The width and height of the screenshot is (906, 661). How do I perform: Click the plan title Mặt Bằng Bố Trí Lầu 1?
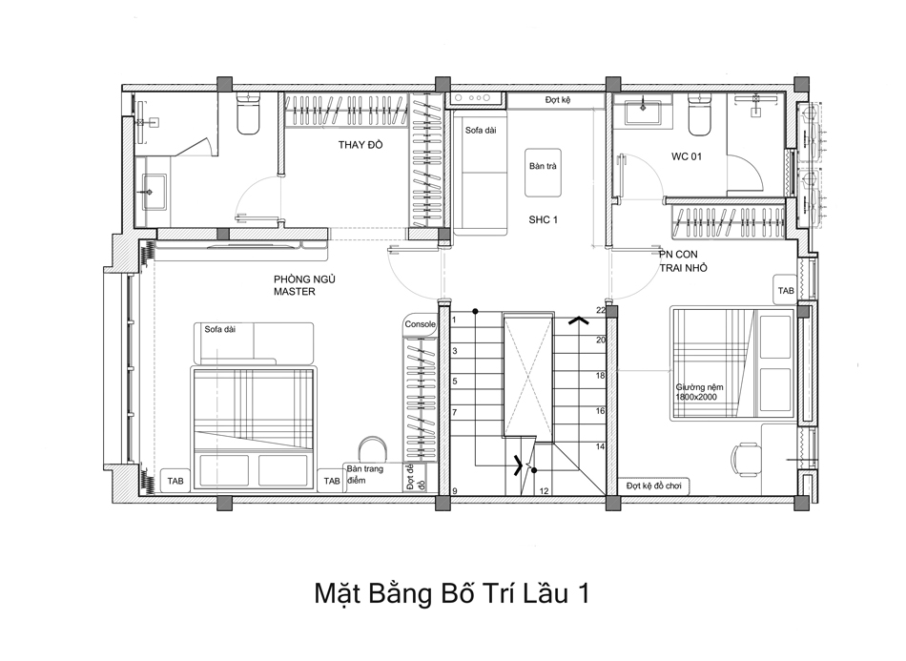pyautogui.click(x=452, y=593)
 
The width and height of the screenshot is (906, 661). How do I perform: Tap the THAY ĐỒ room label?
pyautogui.click(x=360, y=146)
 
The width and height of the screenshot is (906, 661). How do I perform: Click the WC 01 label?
pyautogui.click(x=686, y=156)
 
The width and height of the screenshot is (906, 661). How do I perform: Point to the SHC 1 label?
pyautogui.click(x=543, y=219)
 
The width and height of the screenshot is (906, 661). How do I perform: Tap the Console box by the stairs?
pyautogui.click(x=420, y=324)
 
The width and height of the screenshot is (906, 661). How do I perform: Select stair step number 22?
pyautogui.click(x=601, y=310)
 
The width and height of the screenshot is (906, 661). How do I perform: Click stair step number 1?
pyautogui.click(x=454, y=320)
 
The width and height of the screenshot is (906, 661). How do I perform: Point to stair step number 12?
pyautogui.click(x=543, y=491)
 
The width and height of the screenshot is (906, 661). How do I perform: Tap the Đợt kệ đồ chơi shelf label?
pyautogui.click(x=656, y=485)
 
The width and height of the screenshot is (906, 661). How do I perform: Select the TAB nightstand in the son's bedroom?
pyautogui.click(x=785, y=290)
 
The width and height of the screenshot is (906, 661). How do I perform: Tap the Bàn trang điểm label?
pyautogui.click(x=363, y=474)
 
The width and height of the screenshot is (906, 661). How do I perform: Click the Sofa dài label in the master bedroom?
pyautogui.click(x=219, y=330)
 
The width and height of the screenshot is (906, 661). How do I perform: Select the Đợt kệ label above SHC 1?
pyautogui.click(x=557, y=100)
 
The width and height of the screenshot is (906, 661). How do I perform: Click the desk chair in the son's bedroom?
pyautogui.click(x=745, y=461)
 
